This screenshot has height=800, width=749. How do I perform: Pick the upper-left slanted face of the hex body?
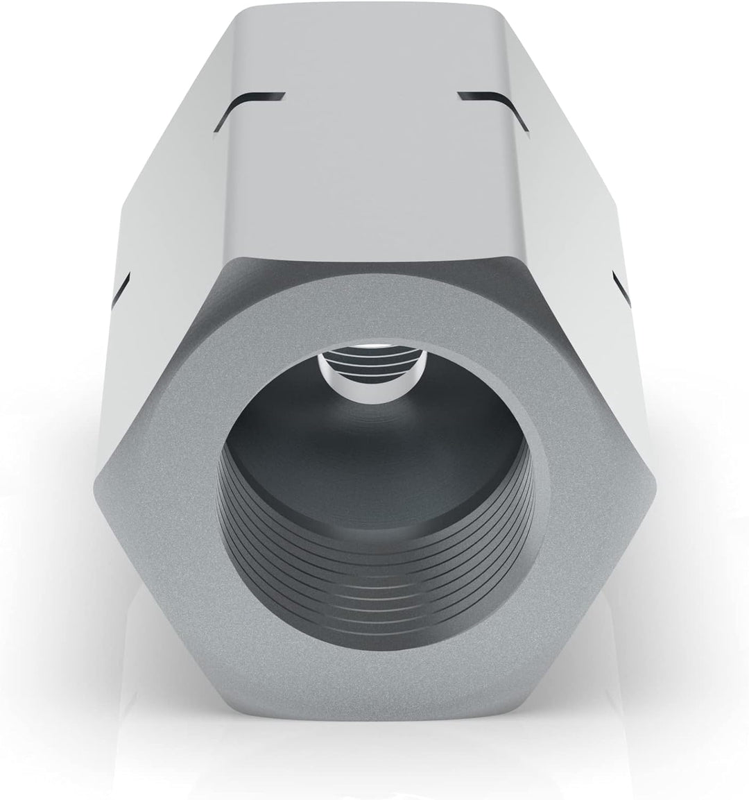click(x=173, y=173)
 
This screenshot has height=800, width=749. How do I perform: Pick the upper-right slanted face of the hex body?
click(x=576, y=173)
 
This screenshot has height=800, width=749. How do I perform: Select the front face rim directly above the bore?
click(x=374, y=298)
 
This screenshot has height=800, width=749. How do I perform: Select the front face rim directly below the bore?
click(x=374, y=666)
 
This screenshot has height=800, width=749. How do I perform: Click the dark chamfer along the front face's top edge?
click(x=374, y=262)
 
